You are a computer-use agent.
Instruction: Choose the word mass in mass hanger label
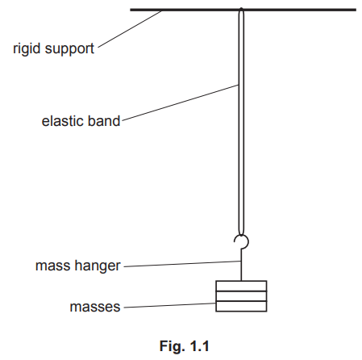pos(52,265)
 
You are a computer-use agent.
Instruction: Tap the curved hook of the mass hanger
pos(240,240)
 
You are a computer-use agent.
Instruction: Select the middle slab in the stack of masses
pos(241,295)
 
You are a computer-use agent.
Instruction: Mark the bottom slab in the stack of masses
pos(241,306)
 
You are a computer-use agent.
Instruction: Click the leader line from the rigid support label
pos(129,30)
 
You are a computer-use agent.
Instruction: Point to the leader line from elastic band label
pos(179,103)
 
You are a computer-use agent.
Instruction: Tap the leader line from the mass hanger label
pos(181,263)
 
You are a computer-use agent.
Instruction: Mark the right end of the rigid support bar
pos(354,10)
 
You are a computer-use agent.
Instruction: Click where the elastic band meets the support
pos(241,11)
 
